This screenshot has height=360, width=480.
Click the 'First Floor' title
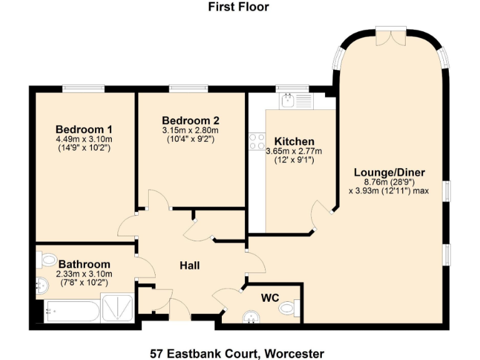click(x=239, y=7)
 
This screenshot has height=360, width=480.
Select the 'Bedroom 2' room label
click(x=191, y=120)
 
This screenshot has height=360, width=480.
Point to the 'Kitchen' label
click(x=294, y=141)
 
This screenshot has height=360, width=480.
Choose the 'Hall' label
click(x=189, y=266)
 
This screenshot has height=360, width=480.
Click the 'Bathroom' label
click(x=84, y=264)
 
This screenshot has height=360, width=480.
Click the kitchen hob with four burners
click(x=257, y=142)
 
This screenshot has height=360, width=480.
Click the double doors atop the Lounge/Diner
click(x=391, y=35)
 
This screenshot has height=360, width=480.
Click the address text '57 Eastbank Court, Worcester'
click(x=239, y=353)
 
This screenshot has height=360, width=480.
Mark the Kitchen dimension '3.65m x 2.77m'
click(x=294, y=151)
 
